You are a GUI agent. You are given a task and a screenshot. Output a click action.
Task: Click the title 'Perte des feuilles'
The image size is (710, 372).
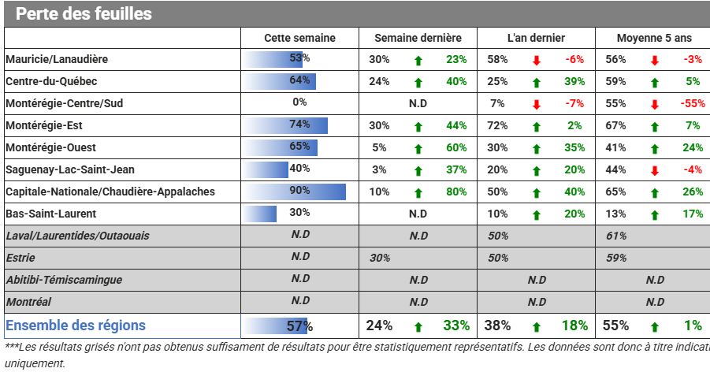(x=84, y=13)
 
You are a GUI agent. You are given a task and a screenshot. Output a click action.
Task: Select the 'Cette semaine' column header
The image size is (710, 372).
(x=299, y=38)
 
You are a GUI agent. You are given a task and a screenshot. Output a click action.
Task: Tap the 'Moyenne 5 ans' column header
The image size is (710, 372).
(x=654, y=38)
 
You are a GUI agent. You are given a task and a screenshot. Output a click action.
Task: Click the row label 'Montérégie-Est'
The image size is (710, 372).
(x=44, y=125)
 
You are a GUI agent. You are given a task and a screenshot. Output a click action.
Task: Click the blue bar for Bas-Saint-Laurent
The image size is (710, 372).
(x=260, y=214)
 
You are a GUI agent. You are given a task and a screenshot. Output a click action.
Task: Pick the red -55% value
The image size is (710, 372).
(x=693, y=103)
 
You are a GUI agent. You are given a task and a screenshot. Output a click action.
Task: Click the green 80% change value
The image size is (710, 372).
(x=456, y=192)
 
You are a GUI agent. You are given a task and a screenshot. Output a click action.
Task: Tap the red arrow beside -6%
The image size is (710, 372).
(x=537, y=60)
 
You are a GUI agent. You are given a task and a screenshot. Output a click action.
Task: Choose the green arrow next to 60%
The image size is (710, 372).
(x=418, y=149)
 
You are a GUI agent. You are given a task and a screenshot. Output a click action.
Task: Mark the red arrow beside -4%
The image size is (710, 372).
(x=655, y=171)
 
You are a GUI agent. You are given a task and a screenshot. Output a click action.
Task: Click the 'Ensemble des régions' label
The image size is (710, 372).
(x=76, y=325)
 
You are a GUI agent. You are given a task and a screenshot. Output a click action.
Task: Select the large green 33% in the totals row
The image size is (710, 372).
(x=456, y=325)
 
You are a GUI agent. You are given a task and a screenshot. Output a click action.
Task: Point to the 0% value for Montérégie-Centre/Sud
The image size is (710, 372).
(x=299, y=102)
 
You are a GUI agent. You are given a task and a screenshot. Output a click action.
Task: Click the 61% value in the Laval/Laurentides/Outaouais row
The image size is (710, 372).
(x=615, y=236)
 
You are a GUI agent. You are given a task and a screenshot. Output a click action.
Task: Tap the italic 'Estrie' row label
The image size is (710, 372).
(x=20, y=258)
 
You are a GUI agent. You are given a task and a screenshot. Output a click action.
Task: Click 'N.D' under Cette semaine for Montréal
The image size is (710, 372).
(x=300, y=300)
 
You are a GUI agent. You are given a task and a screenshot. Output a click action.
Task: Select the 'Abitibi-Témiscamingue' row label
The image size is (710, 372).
(x=64, y=280)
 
